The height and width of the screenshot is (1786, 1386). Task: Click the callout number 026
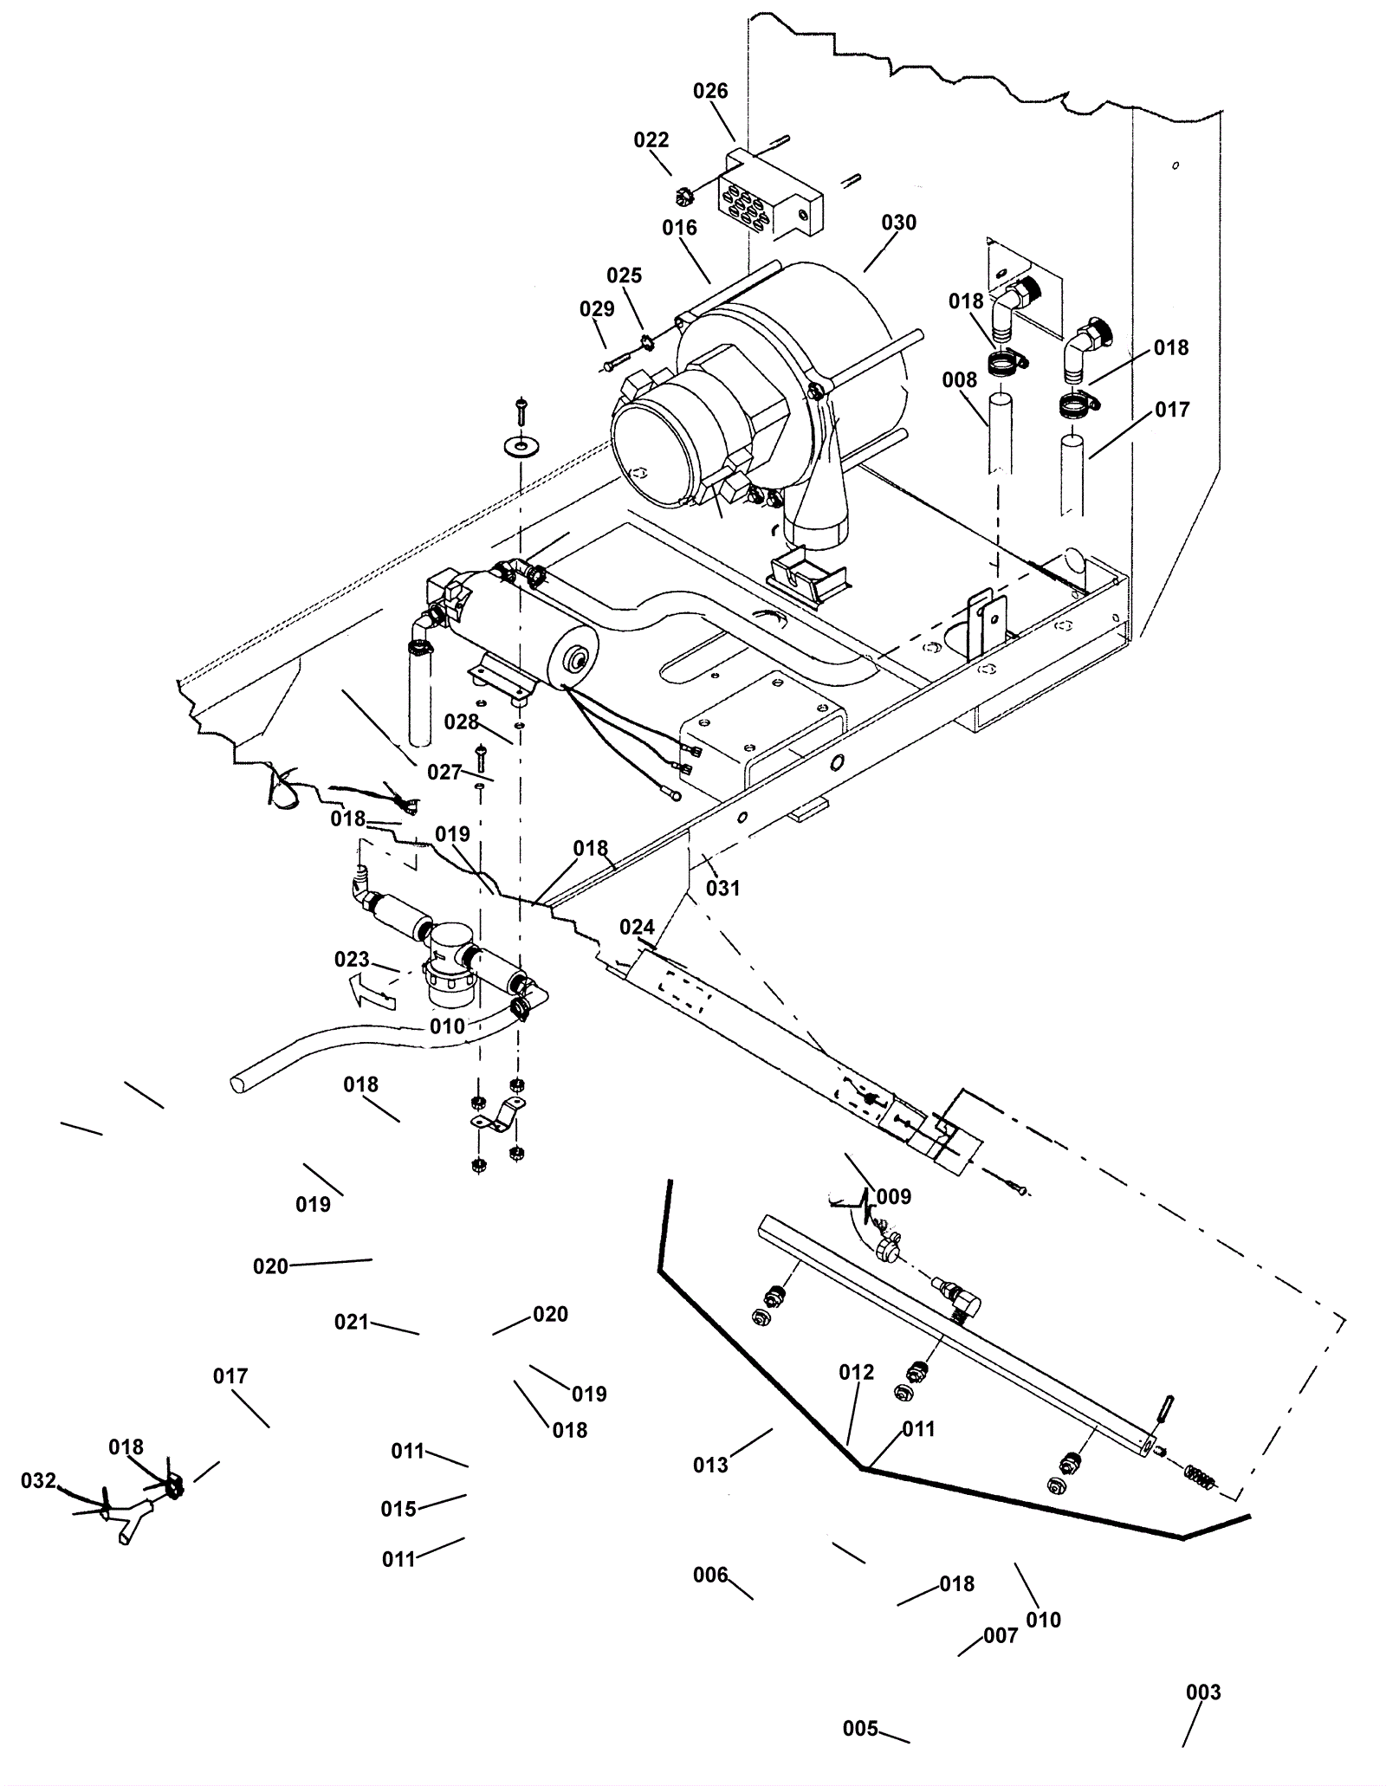(x=710, y=91)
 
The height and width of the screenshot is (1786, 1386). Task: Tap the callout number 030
(x=898, y=223)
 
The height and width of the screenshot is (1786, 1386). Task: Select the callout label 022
(x=651, y=140)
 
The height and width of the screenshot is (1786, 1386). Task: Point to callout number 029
(x=597, y=309)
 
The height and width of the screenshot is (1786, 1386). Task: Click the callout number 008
(x=959, y=379)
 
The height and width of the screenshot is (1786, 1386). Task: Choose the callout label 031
(x=722, y=888)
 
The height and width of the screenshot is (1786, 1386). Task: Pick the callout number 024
(x=637, y=928)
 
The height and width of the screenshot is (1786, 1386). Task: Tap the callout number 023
(x=352, y=960)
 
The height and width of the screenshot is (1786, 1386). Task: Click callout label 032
(x=38, y=1480)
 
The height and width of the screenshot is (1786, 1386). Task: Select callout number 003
(x=1202, y=1692)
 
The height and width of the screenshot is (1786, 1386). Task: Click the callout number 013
(x=710, y=1465)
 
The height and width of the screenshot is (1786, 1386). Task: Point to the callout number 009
(x=894, y=1196)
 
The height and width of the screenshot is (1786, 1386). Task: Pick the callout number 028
(x=461, y=722)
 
